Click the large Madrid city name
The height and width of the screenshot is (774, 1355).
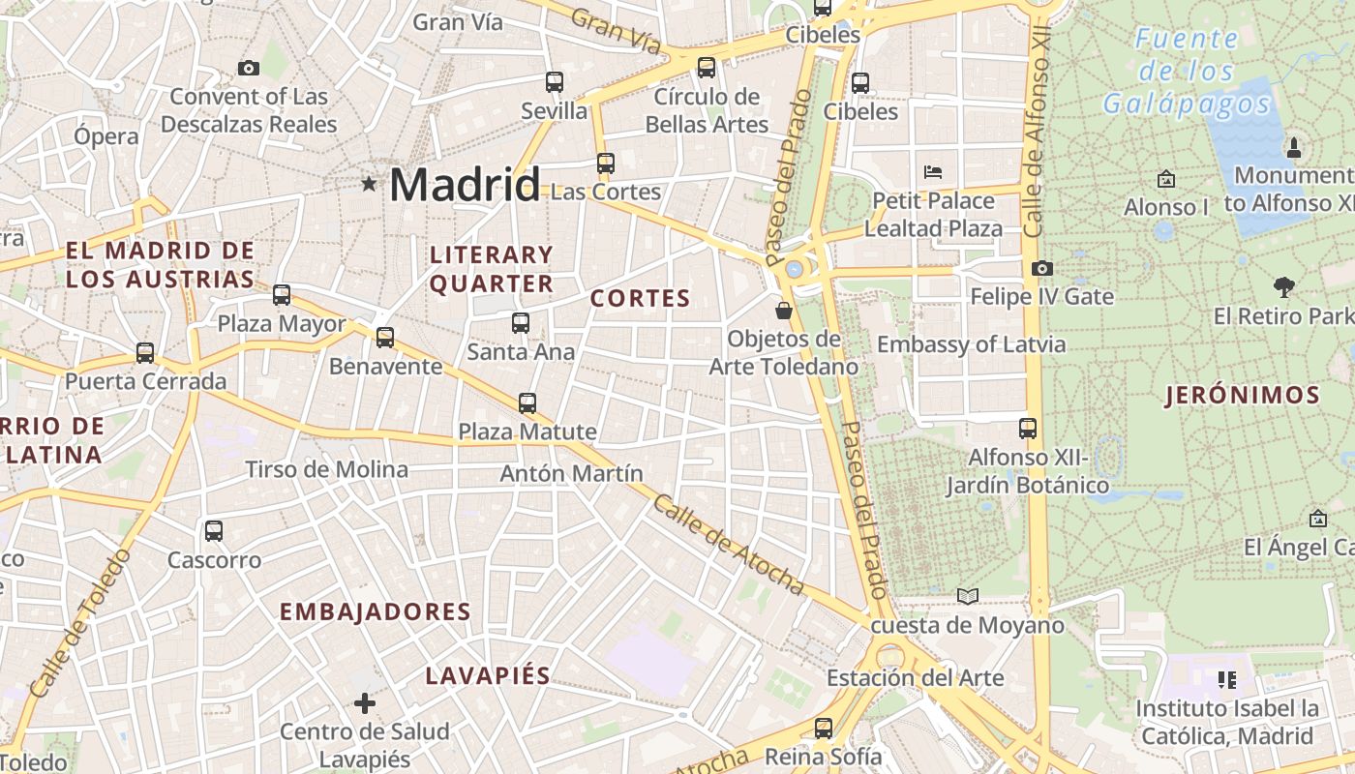tap(465, 185)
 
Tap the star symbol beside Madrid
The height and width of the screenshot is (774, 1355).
tap(369, 183)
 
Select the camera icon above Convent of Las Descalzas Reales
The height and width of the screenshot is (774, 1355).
tap(249, 68)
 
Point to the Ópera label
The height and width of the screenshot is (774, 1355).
tap(106, 136)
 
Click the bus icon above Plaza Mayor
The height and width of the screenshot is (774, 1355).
tap(282, 295)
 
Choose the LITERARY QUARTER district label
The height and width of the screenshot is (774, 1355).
tap(492, 269)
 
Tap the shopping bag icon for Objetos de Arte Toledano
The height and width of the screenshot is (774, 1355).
tap(784, 311)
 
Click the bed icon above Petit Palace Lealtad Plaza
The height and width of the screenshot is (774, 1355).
tap(933, 172)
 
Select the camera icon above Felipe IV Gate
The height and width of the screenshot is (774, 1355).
tap(1041, 268)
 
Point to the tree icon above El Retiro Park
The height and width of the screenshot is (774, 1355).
tap(1284, 286)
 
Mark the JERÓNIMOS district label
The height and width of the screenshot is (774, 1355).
tap(1243, 395)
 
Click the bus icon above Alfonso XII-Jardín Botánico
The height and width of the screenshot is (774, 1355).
tap(1028, 428)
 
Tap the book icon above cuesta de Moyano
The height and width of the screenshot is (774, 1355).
tap(968, 596)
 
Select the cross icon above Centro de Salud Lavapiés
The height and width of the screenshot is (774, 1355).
tap(365, 702)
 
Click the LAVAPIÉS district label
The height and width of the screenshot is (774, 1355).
tap(488, 675)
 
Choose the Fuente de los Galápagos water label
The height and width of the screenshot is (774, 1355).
tap(1186, 71)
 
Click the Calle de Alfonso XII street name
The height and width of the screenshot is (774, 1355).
tap(1037, 135)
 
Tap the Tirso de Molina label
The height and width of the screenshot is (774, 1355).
tap(326, 470)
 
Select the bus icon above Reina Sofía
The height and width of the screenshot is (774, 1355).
tap(824, 728)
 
